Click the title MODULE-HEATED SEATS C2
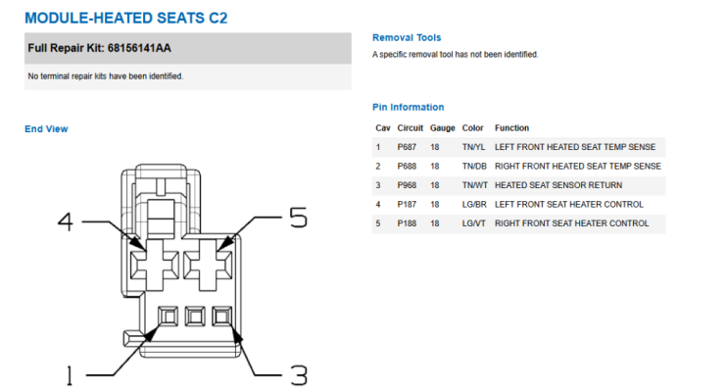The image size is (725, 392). [125, 18]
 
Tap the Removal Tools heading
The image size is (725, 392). [407, 37]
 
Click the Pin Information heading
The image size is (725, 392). [408, 107]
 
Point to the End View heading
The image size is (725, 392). [46, 129]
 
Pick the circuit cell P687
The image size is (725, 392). [407, 147]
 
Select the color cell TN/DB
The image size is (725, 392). [474, 166]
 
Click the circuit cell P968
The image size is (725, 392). [407, 185]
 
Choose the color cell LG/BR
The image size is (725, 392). [474, 204]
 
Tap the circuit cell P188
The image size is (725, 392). [407, 223]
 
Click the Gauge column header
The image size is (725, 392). [442, 128]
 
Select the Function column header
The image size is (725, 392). [511, 128]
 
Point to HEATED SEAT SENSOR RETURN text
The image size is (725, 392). [558, 185]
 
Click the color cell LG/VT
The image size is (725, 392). [473, 223]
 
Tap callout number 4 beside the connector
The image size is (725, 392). [66, 221]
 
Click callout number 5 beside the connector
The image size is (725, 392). [298, 217]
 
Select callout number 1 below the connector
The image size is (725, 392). [70, 375]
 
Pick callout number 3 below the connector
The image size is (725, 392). [299, 375]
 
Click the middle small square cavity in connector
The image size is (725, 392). [195, 317]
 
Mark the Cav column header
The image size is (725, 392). [383, 128]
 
